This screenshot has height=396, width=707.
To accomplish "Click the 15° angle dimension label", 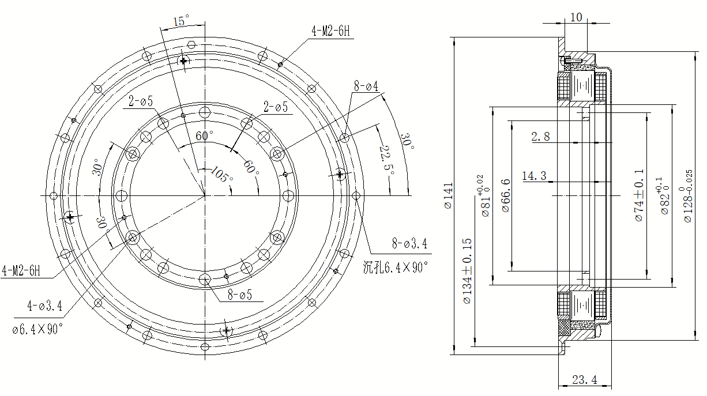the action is pos(182,21).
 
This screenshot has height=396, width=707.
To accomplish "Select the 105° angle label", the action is pos(221,175).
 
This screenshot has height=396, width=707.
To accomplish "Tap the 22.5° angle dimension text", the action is pos(387,161).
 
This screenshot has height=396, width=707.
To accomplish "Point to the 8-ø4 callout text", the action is pos(366,86).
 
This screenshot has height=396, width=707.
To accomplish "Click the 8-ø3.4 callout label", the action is pos(409,244).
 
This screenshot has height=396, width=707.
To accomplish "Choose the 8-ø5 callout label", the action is pos(240,295).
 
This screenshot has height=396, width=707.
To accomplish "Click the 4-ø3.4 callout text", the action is pos(44,306).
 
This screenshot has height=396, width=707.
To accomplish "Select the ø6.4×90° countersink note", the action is pos(37,329).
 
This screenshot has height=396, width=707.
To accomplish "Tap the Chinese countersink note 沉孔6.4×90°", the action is pos(396,267).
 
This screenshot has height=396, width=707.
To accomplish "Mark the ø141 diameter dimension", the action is pos(448,195).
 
